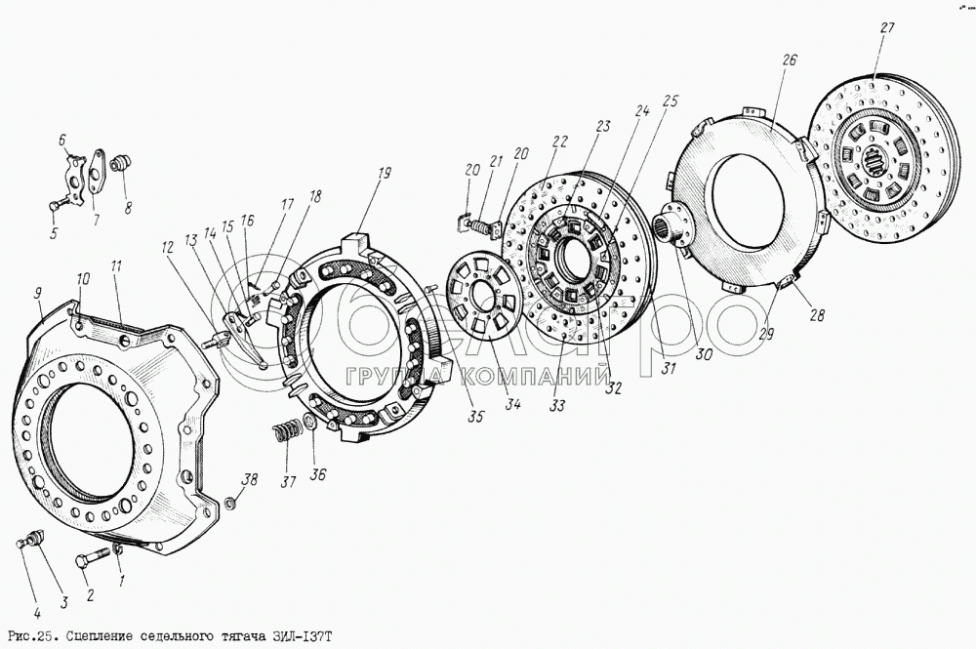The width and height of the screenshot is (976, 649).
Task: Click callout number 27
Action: point(886,28)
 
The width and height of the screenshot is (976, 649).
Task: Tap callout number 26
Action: point(790,61)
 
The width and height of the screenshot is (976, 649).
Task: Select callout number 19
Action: point(384,173)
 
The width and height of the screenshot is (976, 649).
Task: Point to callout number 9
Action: point(38,292)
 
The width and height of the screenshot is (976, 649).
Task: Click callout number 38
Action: point(250,479)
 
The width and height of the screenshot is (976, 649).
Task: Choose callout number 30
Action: point(703,356)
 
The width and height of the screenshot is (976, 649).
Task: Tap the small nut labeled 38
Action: point(229,504)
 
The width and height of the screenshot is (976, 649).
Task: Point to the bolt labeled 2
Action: point(93,563)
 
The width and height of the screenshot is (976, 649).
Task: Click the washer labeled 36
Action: point(309,423)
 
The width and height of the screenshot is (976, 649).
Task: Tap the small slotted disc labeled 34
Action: point(483,295)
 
